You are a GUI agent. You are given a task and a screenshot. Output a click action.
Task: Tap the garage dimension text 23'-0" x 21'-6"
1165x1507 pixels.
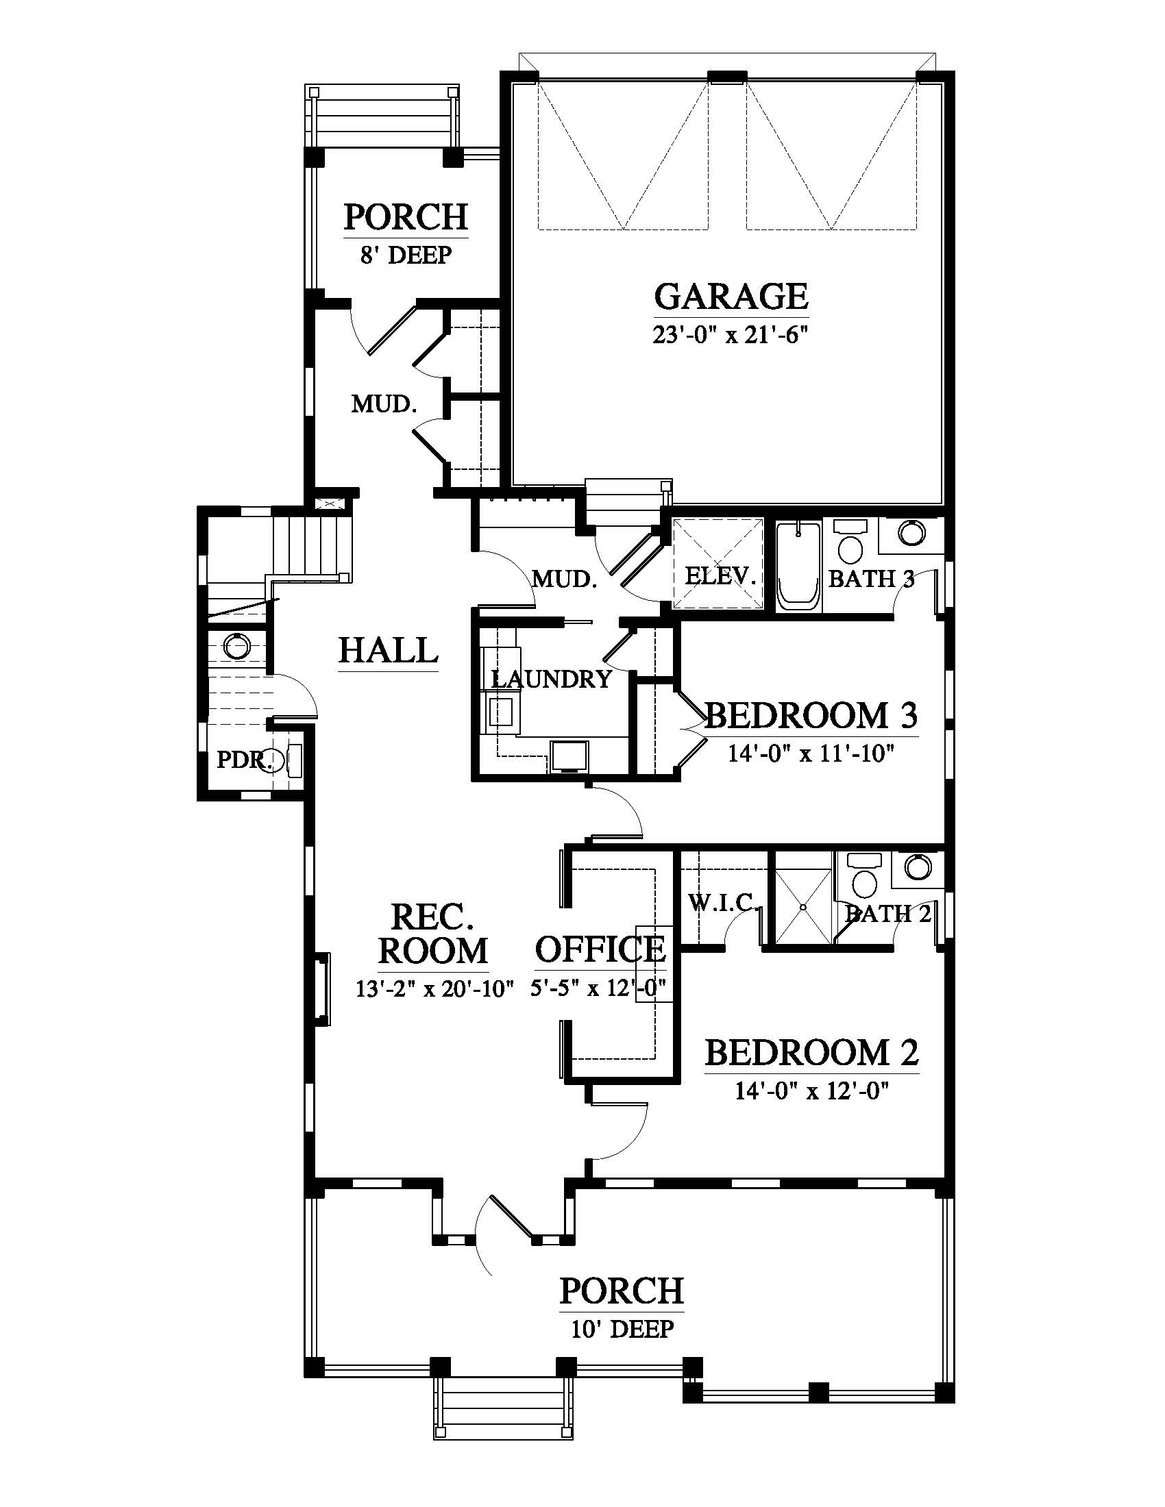[731, 336]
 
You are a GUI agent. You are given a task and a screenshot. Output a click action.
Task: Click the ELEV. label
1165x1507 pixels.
[720, 576]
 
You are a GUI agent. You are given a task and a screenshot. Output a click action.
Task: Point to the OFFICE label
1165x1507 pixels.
[600, 949]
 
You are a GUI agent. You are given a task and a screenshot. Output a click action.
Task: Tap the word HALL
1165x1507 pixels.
[389, 650]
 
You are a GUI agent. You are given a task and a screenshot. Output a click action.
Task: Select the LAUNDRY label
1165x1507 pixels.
[552, 679]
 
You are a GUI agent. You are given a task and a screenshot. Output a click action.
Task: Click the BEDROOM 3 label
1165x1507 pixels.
[811, 716]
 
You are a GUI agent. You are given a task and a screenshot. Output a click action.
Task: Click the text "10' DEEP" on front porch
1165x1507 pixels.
[622, 1329]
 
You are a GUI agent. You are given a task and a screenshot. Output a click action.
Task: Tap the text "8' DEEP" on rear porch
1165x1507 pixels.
[406, 256]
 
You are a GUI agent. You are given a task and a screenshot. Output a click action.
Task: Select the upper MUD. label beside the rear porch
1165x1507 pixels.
[384, 403]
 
